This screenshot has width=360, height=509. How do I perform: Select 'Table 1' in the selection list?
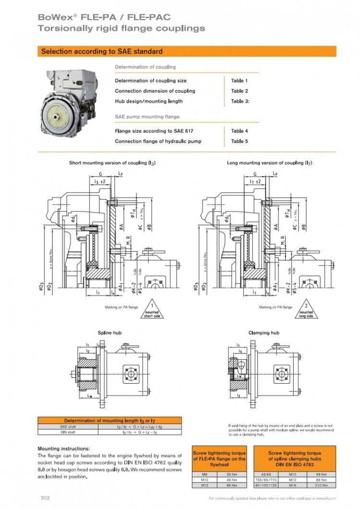pos(239,81)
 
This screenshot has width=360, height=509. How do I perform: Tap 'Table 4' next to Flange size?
pos(239,131)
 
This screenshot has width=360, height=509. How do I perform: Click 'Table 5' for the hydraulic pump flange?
pos(239,141)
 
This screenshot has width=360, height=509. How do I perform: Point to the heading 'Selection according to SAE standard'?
pos(102,51)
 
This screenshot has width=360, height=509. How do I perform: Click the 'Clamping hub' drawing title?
pos(264,332)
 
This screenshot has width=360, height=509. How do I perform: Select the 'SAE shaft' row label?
pos(68,426)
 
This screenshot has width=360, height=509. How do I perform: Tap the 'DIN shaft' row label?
pos(68,432)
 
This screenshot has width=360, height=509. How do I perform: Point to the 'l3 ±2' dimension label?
pos(100,182)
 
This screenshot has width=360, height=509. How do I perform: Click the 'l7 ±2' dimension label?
pos(255,182)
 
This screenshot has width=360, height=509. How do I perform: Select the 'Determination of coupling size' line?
pos(151,81)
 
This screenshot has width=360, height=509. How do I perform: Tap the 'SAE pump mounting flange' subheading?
pos(147,117)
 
